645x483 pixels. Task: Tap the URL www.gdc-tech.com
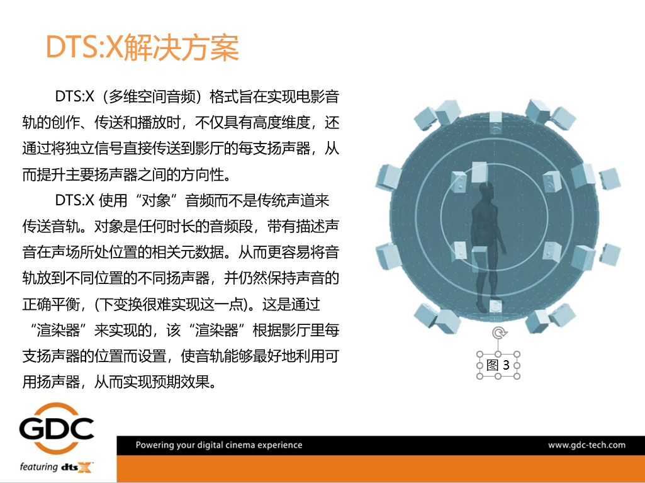pyautogui.click(x=586, y=445)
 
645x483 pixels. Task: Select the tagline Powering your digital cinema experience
pyautogui.click(x=219, y=445)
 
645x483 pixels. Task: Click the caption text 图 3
pyautogui.click(x=498, y=365)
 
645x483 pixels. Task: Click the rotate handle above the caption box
pyautogui.click(x=498, y=333)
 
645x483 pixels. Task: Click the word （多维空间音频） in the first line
pyautogui.click(x=152, y=97)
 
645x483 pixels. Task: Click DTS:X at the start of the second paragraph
pyautogui.click(x=74, y=201)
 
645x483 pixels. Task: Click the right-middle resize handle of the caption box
pyautogui.click(x=517, y=365)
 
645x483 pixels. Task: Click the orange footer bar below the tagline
pyautogui.click(x=378, y=469)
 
